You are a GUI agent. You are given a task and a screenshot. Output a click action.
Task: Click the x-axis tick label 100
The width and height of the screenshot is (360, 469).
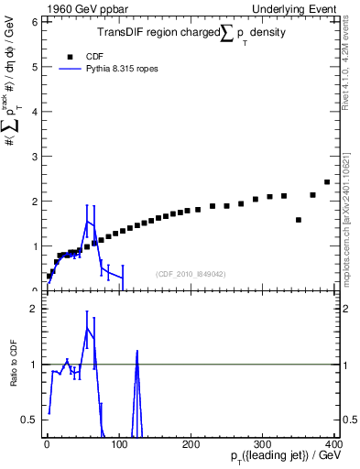pos(119,443)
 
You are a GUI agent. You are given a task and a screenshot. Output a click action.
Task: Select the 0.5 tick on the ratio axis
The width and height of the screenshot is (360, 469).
pos(29,420)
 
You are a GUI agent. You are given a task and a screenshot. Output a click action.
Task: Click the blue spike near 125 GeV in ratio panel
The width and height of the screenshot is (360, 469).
pos(136,352)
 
